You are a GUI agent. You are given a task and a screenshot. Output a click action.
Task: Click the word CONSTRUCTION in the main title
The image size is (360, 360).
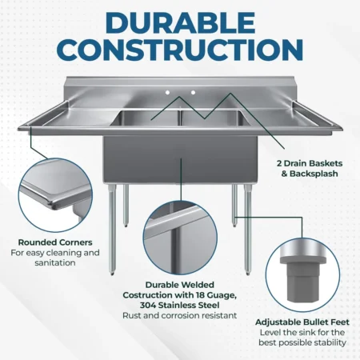click(180, 50)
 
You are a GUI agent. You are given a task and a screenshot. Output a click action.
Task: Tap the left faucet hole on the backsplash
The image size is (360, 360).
click(167, 93)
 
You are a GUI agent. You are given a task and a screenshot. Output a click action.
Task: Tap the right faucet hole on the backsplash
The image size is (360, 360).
click(193, 93)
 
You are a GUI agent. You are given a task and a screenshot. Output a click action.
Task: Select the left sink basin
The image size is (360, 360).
click(146, 118)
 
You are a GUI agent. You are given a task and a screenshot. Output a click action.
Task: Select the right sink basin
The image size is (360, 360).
click(215, 118)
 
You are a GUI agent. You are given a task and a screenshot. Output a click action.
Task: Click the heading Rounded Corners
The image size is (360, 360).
click(55, 242)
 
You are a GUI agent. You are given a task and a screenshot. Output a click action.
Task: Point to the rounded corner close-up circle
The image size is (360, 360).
click(55, 195)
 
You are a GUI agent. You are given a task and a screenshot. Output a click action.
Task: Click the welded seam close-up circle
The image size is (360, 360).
click(180, 238)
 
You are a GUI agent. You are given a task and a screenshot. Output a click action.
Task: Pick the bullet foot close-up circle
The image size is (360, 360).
click(302, 275)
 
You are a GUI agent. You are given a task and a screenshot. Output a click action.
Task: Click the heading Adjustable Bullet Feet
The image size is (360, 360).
click(302, 322)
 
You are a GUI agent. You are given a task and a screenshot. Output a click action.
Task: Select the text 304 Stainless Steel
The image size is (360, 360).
click(180, 305)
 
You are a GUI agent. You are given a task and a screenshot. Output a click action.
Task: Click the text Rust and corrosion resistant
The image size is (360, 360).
click(180, 315)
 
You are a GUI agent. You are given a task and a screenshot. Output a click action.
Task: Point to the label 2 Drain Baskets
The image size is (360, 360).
click(310, 163)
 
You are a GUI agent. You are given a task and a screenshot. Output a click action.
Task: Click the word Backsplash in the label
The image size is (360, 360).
click(314, 174)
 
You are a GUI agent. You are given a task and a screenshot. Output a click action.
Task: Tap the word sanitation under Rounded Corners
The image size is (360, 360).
click(55, 262)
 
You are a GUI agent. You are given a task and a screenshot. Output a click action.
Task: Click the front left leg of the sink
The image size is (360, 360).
click(112, 230)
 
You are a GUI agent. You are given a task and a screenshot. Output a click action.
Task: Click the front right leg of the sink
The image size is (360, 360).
click(248, 230)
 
